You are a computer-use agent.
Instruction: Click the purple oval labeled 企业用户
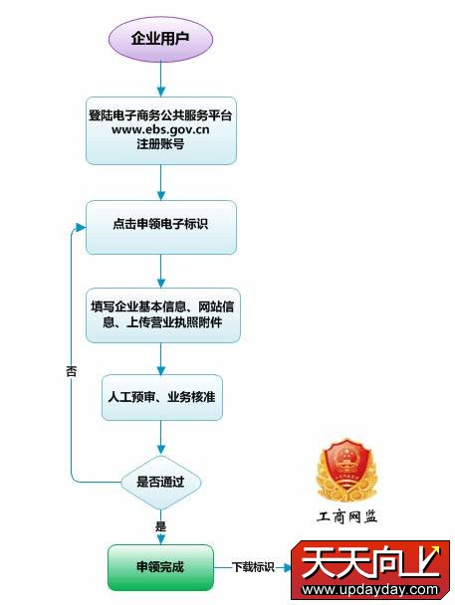tap(160, 38)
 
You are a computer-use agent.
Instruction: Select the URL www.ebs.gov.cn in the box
tap(160, 129)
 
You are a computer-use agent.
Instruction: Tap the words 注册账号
tap(160, 144)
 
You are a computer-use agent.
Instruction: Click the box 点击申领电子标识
tap(161, 227)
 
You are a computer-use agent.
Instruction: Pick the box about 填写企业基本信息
tap(163, 315)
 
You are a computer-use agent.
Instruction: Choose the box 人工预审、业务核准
tap(162, 397)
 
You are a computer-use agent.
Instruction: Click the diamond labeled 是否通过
tap(161, 482)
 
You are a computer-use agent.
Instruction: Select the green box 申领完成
tap(160, 567)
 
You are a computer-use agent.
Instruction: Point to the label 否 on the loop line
tap(72, 371)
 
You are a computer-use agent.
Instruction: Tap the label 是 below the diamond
tap(160, 526)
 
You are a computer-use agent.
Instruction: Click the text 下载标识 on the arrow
tap(253, 567)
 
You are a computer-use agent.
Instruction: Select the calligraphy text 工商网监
tap(346, 516)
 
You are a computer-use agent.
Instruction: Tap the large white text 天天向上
tap(370, 563)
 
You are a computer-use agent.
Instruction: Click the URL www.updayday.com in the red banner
tap(370, 589)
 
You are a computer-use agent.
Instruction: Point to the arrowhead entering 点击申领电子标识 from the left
tap(81, 228)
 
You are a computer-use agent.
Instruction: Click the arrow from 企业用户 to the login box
tap(161, 79)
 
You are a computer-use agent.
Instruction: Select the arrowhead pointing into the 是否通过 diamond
tap(161, 450)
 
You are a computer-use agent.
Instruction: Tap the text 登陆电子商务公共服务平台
tap(160, 115)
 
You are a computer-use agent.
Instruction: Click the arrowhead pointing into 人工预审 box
tap(161, 370)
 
